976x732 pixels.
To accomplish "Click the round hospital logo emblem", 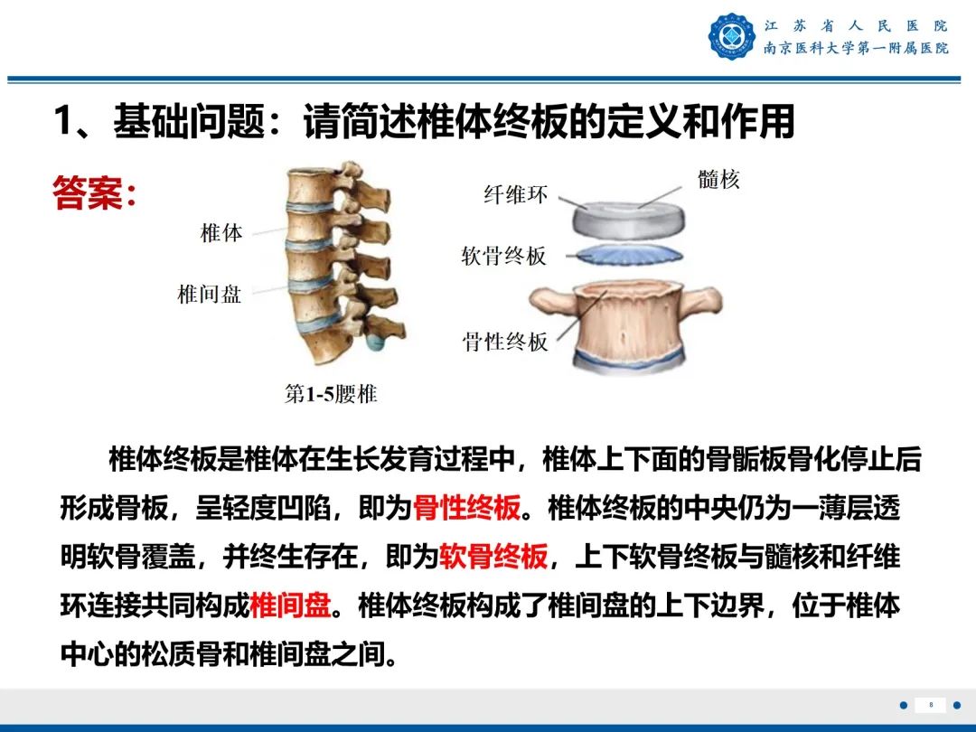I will pyautogui.click(x=732, y=37).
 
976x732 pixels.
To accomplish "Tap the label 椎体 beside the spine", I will pyautogui.click(x=221, y=232).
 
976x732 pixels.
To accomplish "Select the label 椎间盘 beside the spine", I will pyautogui.click(x=210, y=294).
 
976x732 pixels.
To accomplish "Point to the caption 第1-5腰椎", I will pyautogui.click(x=331, y=394).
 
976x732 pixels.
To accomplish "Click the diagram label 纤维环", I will pyautogui.click(x=515, y=194).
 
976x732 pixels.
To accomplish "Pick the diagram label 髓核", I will pyautogui.click(x=718, y=179).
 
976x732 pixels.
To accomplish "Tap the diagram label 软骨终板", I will pyautogui.click(x=504, y=256).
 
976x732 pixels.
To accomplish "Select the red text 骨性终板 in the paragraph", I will pyautogui.click(x=466, y=509).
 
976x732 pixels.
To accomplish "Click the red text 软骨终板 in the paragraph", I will pyautogui.click(x=493, y=557).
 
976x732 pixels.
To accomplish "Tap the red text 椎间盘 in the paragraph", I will pyautogui.click(x=290, y=605).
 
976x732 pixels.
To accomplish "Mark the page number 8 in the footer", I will pyautogui.click(x=931, y=705).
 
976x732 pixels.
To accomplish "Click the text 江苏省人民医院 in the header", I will pyautogui.click(x=855, y=25).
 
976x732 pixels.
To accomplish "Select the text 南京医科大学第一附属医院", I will pyautogui.click(x=855, y=49).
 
